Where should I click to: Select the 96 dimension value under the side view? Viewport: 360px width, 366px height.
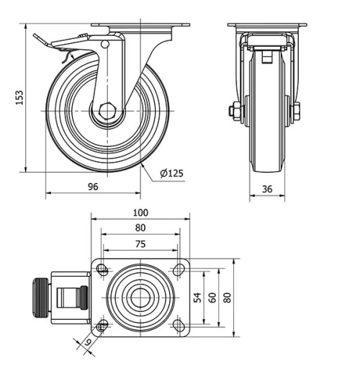click(93, 186)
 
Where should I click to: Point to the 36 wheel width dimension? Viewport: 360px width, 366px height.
click(267, 189)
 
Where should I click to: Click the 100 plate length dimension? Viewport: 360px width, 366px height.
click(140, 213)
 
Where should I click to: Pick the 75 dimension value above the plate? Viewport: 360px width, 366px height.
click(140, 244)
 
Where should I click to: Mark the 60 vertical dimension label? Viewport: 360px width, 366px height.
click(213, 298)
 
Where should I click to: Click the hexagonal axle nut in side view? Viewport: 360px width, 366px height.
click(108, 112)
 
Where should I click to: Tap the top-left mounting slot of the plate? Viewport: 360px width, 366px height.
click(102, 270)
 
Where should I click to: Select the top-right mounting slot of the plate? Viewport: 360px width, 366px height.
click(178, 270)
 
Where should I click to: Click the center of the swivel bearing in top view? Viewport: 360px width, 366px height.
click(140, 297)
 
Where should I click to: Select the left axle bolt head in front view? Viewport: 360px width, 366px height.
click(235, 111)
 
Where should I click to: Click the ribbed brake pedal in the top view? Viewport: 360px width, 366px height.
click(40, 298)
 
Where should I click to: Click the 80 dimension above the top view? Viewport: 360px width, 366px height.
click(140, 228)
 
